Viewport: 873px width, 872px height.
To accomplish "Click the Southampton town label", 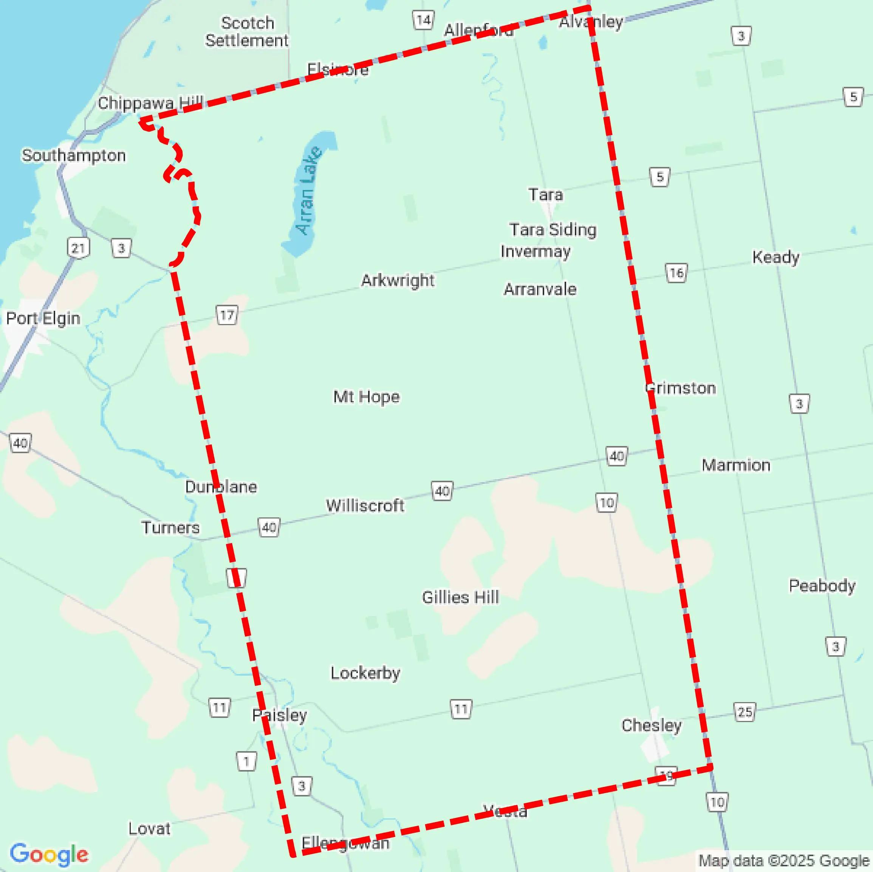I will pos(74,155).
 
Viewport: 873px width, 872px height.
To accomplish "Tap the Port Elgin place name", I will pos(43,318).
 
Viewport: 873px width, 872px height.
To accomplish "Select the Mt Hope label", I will pos(367,397).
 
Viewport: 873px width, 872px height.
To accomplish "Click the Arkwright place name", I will pos(398,281).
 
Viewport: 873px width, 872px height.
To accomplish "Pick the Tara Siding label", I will pos(553,230).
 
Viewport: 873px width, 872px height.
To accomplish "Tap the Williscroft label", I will pos(365,505).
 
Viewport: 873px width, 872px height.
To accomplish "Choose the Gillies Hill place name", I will pos(460,597).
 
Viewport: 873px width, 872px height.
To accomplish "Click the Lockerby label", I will pos(365,673).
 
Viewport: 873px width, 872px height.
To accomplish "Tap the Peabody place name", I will pos(822,586).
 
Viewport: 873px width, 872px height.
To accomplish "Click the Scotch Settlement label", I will pos(247,32).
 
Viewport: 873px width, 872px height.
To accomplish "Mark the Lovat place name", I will pos(149,829).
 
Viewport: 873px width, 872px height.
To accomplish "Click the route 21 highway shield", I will pos(78,248).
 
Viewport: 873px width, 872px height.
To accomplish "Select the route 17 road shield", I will pos(227,315).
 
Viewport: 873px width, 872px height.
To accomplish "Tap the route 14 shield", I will pos(423,20).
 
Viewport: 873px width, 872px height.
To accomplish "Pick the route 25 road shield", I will pos(745,712).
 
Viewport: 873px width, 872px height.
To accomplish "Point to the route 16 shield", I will pos(676,273).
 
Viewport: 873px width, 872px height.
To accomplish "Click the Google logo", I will pos(49,854).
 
